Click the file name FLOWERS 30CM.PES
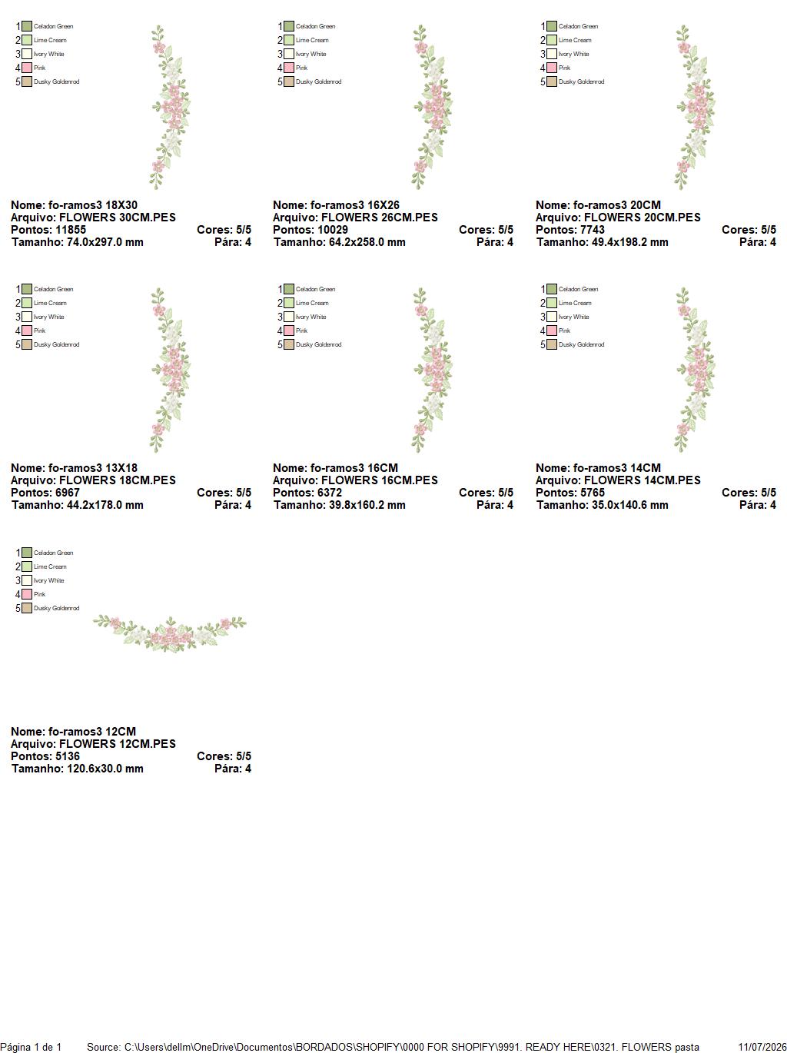117,218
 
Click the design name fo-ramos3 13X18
92,468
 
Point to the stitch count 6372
326,493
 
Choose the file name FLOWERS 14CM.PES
643,480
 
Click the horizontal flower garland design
170,633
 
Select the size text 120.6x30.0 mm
105,769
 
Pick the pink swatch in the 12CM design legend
27,594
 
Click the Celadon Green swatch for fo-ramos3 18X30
27,26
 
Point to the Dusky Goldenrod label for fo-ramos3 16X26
318,82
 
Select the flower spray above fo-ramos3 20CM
695,108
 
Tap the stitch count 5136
64,756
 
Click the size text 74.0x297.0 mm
105,242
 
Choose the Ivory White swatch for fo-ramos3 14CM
552,317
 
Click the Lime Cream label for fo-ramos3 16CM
312,303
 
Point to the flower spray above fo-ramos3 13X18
171,370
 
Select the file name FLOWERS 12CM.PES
117,743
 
